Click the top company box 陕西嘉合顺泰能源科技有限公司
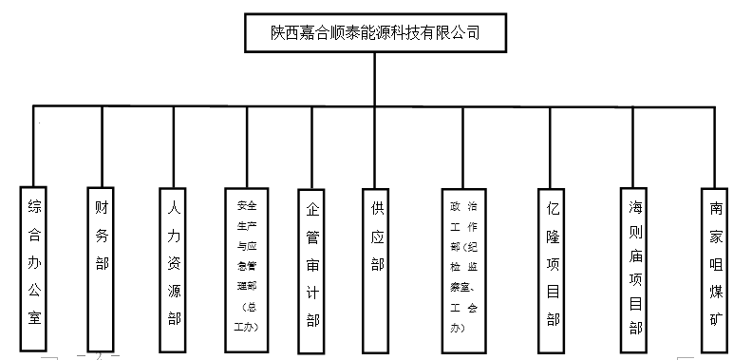click(375, 32)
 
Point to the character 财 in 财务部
click(102, 206)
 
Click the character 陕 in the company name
click(278, 32)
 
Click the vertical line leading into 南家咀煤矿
click(715, 142)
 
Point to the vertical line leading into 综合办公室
click(35, 142)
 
